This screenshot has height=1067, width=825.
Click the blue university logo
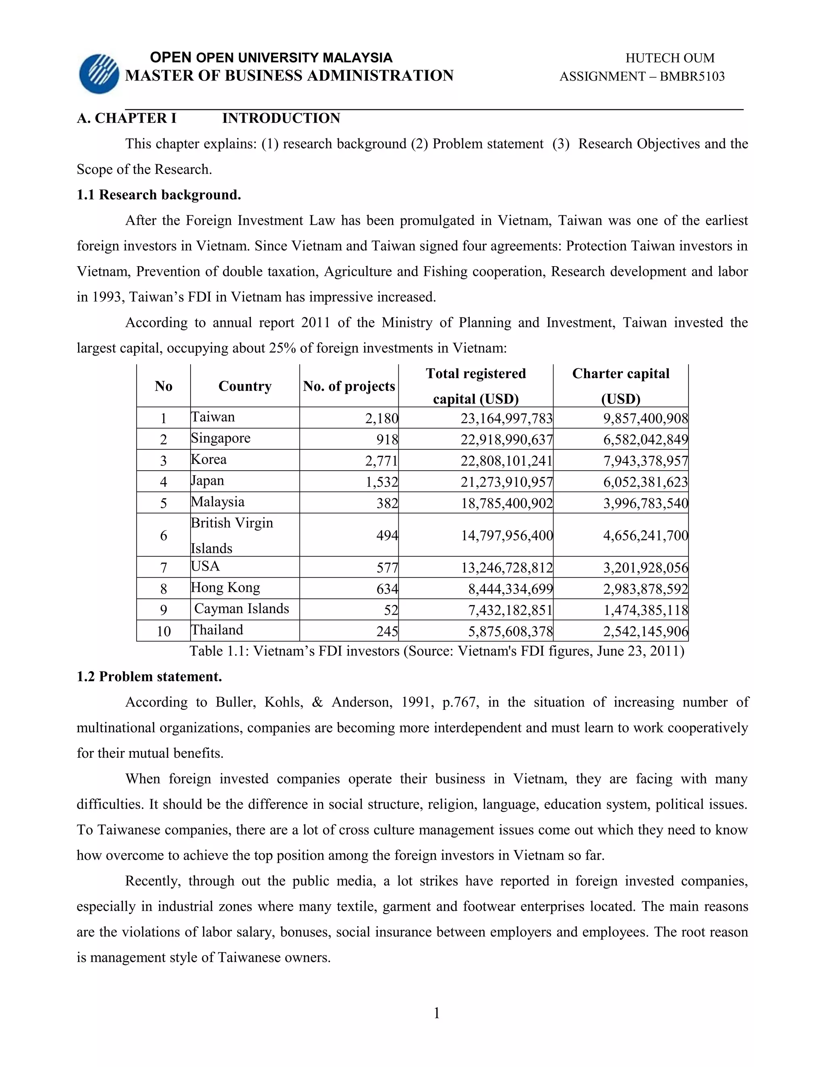click(x=99, y=74)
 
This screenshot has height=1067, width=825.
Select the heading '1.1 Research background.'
click(x=159, y=195)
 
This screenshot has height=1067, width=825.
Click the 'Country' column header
click(x=245, y=386)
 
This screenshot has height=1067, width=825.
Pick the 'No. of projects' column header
click(x=348, y=386)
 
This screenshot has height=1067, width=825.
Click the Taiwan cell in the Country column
click(x=213, y=417)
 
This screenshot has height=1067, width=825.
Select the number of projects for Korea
click(x=382, y=461)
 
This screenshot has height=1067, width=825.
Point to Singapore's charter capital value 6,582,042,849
click(x=645, y=440)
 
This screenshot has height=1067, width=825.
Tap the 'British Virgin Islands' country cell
click(x=232, y=535)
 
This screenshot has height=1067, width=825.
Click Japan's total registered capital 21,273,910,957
click(x=506, y=482)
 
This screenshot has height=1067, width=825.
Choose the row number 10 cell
click(x=163, y=631)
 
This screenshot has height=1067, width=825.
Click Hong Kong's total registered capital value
click(x=510, y=589)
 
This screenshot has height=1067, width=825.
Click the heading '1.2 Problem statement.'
click(x=149, y=677)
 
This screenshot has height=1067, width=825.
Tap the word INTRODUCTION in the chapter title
click(x=281, y=118)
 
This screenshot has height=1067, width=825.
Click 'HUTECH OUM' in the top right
click(x=670, y=58)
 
